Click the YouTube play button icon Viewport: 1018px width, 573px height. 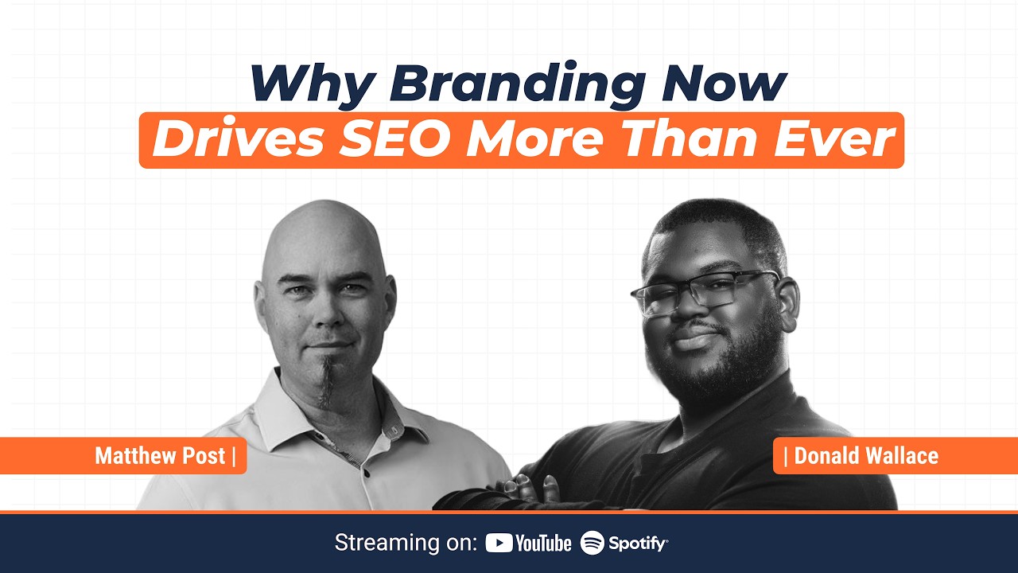click(499, 544)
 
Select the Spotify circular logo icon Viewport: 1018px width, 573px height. click(593, 544)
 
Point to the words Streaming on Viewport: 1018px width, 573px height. click(406, 544)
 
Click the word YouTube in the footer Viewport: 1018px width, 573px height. click(543, 544)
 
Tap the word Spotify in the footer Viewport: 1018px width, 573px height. click(638, 544)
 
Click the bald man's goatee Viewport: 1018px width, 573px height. click(327, 382)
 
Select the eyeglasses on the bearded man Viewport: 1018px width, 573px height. click(704, 290)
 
